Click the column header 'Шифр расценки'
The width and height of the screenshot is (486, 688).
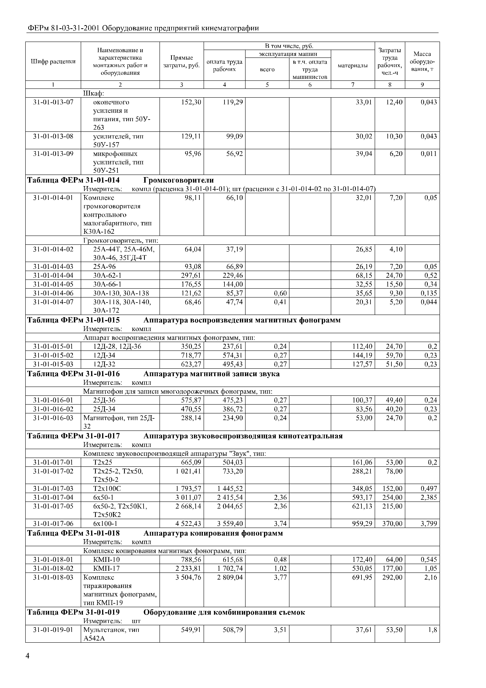coord(53,61)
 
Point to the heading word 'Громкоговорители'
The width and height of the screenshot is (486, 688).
coord(179,180)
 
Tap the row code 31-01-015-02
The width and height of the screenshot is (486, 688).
coord(53,355)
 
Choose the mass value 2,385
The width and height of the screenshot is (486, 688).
coord(429,497)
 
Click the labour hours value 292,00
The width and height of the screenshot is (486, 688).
coord(392,577)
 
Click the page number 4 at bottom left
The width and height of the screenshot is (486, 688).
coord(28,656)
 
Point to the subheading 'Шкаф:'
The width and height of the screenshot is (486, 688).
coord(93,94)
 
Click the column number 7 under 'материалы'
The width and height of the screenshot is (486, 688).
coord(353,85)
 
